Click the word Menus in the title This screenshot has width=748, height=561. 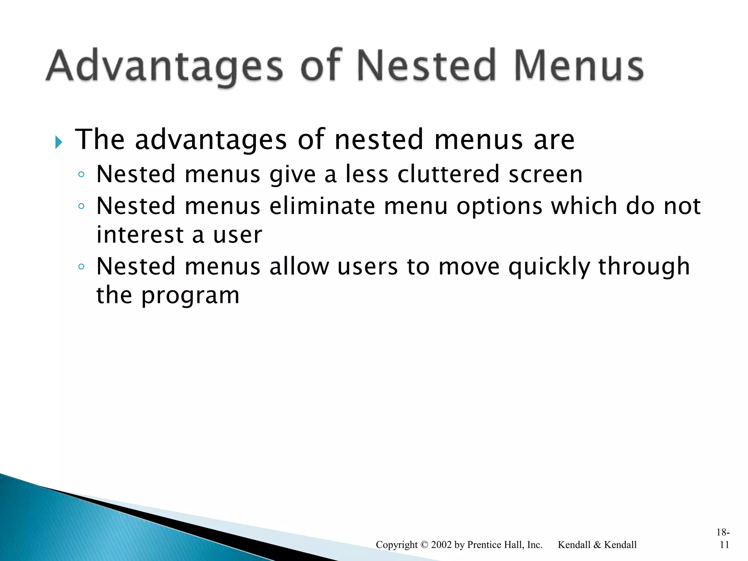point(579,66)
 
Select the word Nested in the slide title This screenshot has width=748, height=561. point(426,66)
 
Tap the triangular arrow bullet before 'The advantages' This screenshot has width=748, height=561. point(58,142)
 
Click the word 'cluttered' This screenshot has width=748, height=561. point(448,174)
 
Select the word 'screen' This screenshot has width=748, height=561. point(546,175)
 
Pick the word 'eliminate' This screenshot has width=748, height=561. point(322,206)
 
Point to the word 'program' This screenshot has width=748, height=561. point(190,296)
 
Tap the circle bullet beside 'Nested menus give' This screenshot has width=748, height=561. point(81,175)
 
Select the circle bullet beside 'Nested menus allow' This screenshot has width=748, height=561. point(81,267)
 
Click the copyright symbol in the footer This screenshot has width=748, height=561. point(424,545)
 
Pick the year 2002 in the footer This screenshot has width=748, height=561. point(441,545)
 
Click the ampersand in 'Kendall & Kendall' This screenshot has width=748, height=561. point(597,545)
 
